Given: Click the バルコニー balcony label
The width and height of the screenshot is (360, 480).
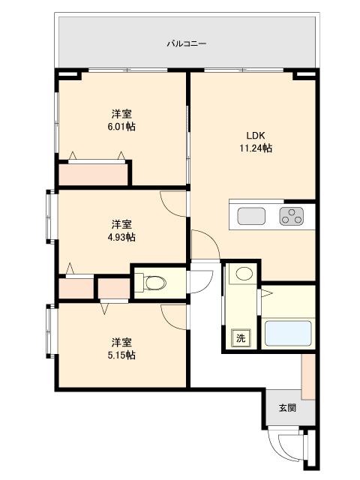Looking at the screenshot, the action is [187, 43].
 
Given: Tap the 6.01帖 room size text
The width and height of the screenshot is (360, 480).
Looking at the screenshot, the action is [121, 127].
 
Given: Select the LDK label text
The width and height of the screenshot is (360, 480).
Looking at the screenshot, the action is [256, 135].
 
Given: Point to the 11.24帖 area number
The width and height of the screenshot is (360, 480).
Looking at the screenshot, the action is [256, 148].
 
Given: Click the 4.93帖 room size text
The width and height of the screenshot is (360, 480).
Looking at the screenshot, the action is [121, 237].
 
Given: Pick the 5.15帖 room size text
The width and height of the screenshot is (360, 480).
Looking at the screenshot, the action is [121, 355].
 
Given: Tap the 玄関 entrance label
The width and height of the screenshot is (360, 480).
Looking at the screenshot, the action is [287, 408].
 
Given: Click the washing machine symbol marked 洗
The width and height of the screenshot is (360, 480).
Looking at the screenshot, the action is [241, 338].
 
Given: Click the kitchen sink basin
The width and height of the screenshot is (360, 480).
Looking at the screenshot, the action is [252, 216].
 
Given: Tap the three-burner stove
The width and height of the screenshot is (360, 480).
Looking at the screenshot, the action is [292, 216].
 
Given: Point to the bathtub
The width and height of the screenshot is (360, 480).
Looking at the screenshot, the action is [288, 333].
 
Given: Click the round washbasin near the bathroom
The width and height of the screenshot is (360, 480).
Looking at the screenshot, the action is [244, 273].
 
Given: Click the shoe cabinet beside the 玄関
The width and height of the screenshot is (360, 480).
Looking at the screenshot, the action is [308, 376].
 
